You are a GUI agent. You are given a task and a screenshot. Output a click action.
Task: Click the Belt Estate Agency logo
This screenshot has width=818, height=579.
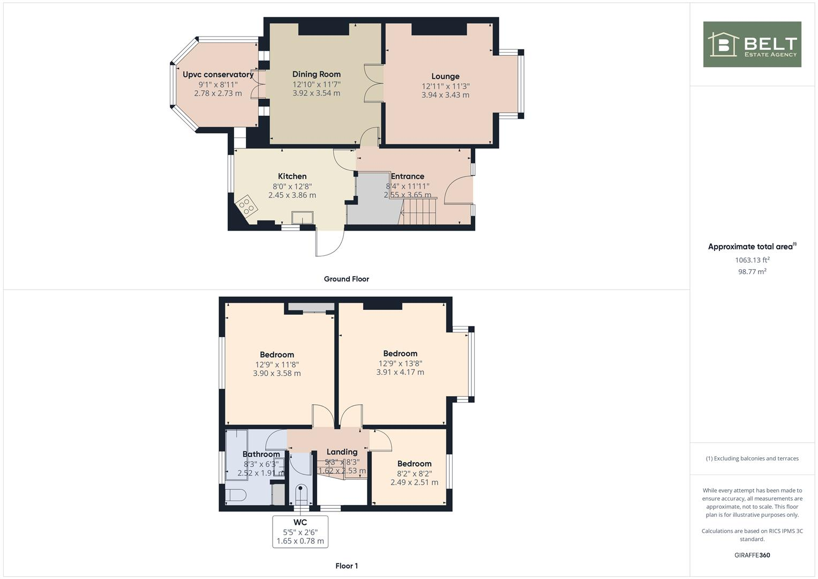[x=752, y=44]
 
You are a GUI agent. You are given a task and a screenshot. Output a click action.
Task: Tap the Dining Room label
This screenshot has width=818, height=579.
[x=316, y=75]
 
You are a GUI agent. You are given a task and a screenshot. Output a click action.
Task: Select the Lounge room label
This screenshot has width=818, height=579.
[x=445, y=77]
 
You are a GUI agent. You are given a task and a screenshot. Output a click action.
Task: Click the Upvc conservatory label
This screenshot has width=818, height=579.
[x=217, y=75]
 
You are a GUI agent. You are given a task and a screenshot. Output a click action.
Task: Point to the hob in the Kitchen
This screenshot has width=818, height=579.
[x=246, y=206]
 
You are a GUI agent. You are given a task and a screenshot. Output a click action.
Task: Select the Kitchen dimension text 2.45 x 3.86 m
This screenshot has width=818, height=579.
[x=292, y=195]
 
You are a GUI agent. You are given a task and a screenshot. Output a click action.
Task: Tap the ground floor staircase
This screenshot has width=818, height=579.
[x=419, y=211]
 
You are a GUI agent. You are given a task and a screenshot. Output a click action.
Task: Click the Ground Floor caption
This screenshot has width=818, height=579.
[x=346, y=279]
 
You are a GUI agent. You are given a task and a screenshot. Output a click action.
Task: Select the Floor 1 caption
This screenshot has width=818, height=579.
[x=346, y=566]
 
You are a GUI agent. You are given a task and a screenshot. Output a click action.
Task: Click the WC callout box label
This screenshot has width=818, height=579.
[x=300, y=523]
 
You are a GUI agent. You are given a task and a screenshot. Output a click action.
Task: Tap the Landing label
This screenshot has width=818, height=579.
[x=342, y=452]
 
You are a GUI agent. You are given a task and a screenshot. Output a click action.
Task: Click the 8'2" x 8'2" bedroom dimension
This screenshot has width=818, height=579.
[x=414, y=473]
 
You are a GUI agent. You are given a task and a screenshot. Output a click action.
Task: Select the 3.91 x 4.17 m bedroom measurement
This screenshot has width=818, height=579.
[x=400, y=372]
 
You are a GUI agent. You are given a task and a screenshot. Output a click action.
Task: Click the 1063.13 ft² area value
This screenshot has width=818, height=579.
[x=752, y=260]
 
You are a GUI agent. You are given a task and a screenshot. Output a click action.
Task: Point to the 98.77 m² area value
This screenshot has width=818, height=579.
[x=752, y=272]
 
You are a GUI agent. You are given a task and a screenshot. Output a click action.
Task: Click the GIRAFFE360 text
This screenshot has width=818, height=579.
[x=752, y=555]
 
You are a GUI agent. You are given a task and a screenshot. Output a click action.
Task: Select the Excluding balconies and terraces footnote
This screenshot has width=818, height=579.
[x=752, y=458]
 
